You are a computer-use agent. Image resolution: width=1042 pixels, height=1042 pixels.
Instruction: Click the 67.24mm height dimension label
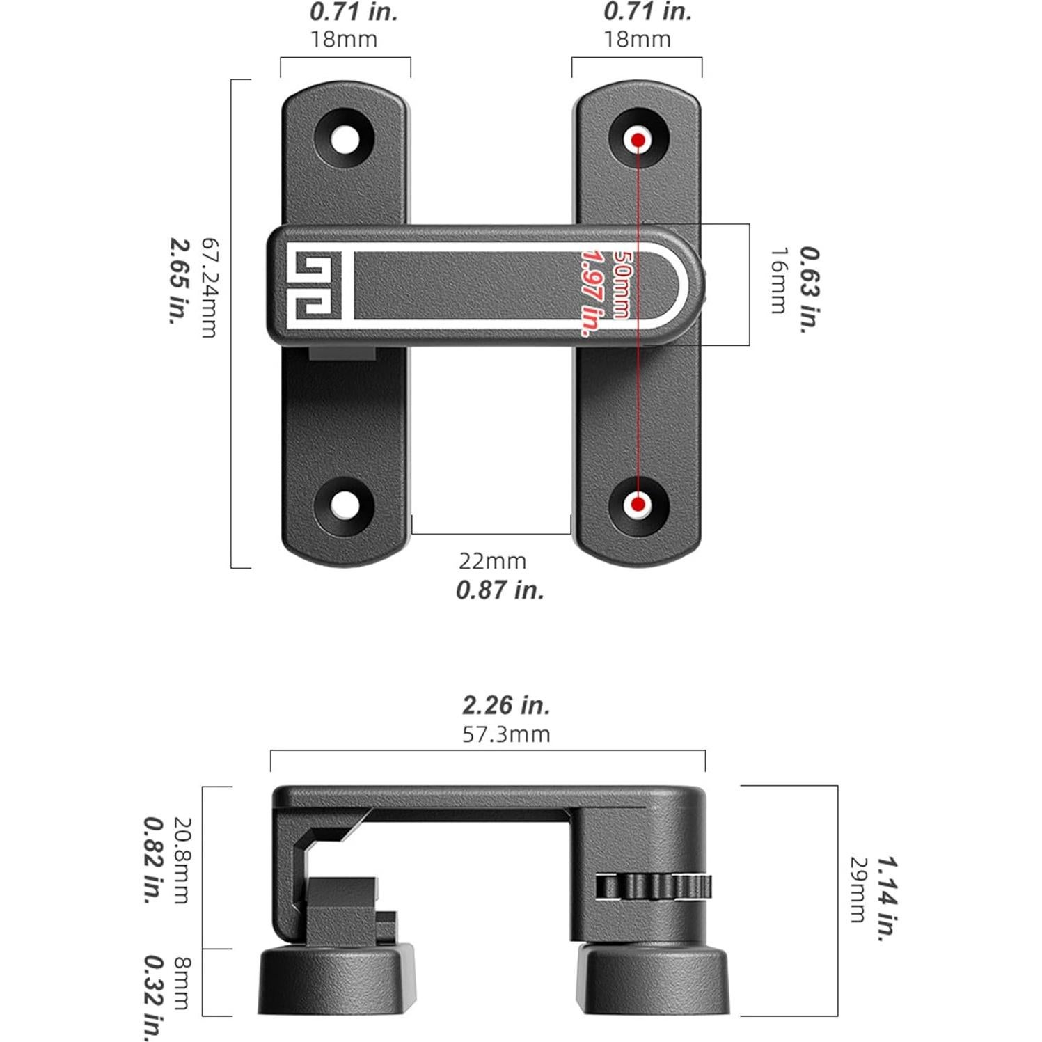[x=209, y=287]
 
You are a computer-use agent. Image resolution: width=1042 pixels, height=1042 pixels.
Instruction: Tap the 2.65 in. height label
[x=180, y=281]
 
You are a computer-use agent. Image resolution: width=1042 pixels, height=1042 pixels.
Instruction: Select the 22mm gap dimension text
[x=492, y=561]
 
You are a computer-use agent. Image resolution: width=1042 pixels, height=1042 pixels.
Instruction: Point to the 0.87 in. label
[x=500, y=590]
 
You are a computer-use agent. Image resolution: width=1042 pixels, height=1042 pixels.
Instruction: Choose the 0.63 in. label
[x=810, y=290]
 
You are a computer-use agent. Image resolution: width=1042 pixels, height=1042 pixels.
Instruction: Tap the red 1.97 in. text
[x=591, y=292]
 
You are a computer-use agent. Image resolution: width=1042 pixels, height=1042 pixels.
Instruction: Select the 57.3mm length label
[x=506, y=734]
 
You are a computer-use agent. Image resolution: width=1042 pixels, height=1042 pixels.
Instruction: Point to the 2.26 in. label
[x=506, y=705]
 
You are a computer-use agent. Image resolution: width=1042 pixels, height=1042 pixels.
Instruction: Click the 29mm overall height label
[x=858, y=889]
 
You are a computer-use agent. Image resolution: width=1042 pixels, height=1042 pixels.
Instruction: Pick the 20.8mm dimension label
[x=181, y=860]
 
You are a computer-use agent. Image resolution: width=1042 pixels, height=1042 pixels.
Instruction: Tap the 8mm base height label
[x=182, y=983]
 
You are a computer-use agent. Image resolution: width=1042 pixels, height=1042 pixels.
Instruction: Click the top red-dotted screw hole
[x=638, y=140]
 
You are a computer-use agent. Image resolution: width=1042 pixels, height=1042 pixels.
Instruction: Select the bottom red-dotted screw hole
[x=638, y=505]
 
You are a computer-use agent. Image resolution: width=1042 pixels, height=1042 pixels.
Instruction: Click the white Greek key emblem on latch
[x=314, y=286]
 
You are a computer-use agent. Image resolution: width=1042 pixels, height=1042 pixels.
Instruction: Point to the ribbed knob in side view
[x=654, y=887]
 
